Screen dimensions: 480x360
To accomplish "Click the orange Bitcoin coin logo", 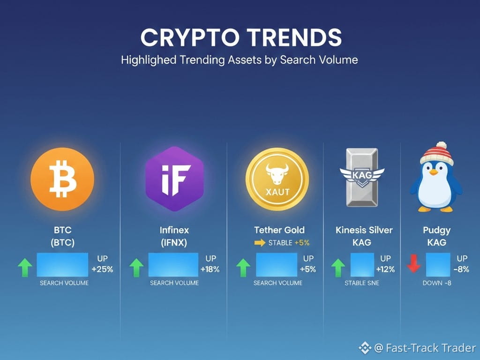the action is tap(62, 179).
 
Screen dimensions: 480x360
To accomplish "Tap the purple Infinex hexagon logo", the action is tap(174, 179).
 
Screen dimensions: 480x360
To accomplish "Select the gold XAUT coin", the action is tap(277, 179).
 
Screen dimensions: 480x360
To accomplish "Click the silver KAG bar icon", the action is tap(362, 177).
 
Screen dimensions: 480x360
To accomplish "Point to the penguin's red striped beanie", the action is tap(437, 154).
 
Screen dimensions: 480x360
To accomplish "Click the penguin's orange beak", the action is tap(434, 172).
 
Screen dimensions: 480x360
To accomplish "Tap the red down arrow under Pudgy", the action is tap(413, 263).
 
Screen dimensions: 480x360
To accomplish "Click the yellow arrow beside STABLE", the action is tap(260, 243).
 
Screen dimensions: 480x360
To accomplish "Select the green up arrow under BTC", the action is tap(25, 267).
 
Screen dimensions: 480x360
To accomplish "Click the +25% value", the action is tap(102, 270).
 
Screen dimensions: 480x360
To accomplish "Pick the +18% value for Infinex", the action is tap(210, 270).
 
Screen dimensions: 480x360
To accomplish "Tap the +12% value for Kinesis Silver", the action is tap(385, 270).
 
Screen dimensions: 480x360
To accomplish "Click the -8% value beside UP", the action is tap(461, 270).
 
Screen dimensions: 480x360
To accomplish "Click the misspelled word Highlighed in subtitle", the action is tap(149, 60).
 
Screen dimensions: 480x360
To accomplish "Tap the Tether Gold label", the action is tap(279, 230).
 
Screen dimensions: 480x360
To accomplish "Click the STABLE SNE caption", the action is tap(362, 283).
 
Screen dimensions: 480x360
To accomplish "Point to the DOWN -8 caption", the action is tap(437, 283).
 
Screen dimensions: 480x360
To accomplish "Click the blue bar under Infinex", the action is tap(173, 265).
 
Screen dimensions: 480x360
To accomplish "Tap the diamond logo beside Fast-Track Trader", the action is tap(365, 348).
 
